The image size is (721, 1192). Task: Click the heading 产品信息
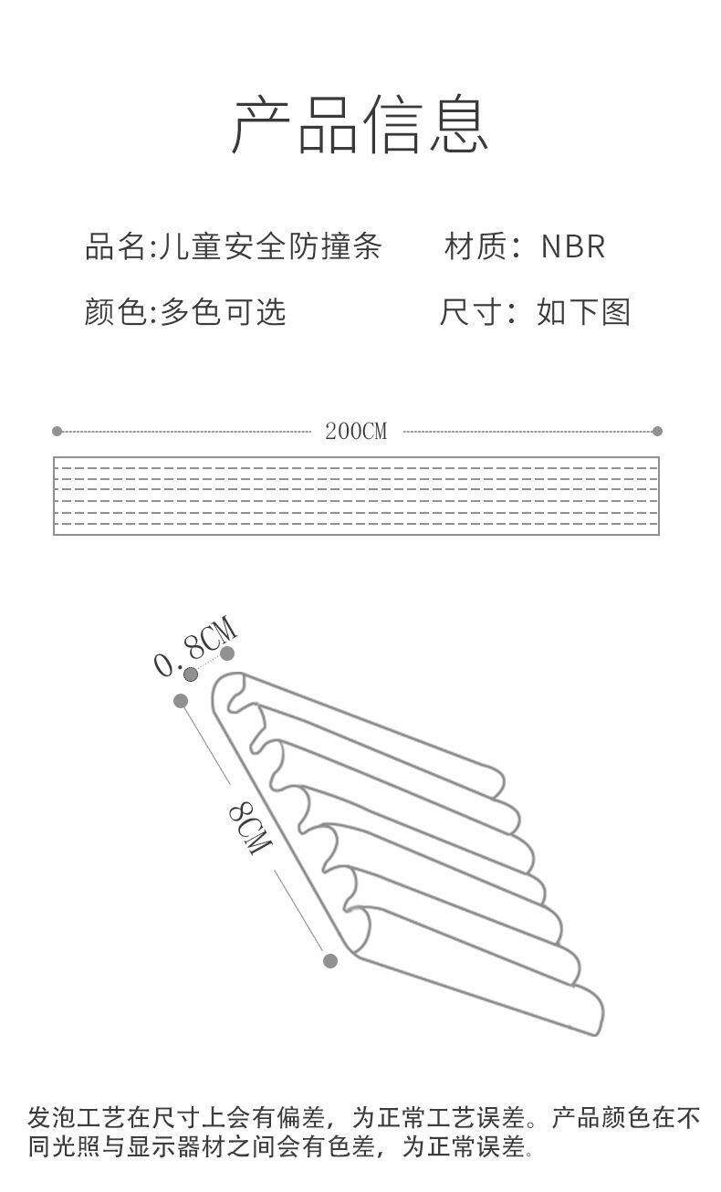(x=360, y=125)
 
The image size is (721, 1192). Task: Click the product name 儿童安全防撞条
(x=270, y=246)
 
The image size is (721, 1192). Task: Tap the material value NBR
(x=573, y=246)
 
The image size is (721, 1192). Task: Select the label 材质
(x=473, y=246)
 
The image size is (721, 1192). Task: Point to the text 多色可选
(x=224, y=312)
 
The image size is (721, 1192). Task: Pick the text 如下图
(x=584, y=312)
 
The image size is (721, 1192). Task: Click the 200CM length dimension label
(x=356, y=432)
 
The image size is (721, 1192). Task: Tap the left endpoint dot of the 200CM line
(x=57, y=431)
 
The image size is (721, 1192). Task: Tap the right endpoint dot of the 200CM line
(x=657, y=431)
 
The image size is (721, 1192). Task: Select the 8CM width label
(x=249, y=827)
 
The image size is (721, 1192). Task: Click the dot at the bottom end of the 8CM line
(x=330, y=960)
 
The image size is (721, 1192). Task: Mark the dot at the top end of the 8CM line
(x=181, y=701)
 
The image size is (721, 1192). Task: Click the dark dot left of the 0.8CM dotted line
(x=191, y=674)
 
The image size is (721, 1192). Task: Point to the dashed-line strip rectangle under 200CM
(x=356, y=495)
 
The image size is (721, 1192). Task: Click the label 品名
(x=115, y=246)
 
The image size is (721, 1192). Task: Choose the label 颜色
(x=115, y=312)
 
